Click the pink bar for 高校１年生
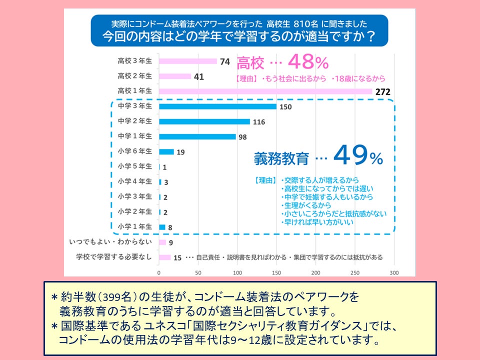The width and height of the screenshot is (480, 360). [x=265, y=91]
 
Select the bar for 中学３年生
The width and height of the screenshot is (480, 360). [x=217, y=106]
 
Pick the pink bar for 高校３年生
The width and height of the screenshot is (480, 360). [x=187, y=61]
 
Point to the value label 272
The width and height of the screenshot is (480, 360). [x=382, y=91]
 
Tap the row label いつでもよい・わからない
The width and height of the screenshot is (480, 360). [x=110, y=242]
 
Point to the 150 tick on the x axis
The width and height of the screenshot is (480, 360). [x=276, y=273]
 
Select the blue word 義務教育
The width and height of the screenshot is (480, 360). [x=281, y=158]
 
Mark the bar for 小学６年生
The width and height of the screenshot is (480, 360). [x=166, y=152]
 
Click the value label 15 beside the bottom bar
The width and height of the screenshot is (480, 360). [x=177, y=258]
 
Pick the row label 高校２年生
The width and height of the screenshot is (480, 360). [x=134, y=76]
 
